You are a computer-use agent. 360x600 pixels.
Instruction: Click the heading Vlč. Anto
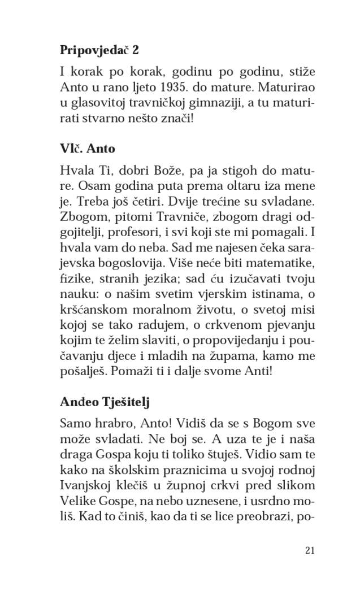[x=87, y=149]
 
